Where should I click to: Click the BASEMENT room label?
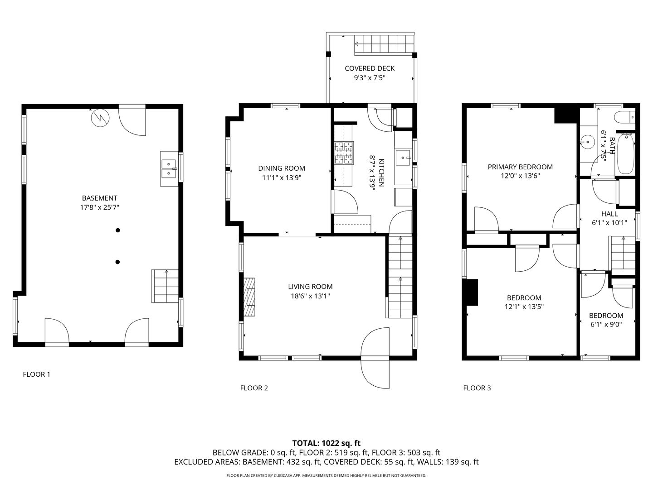pos(99,198)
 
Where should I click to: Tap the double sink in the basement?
pos(169,168)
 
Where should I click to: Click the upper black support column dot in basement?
pos(118,230)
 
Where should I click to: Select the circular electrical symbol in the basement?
pos(100,118)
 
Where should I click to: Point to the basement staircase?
pos(165,286)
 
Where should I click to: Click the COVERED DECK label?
pos(370,68)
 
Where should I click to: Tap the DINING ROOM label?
pos(282,168)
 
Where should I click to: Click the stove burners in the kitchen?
pos(344,153)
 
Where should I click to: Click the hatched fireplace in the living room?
pos(249,297)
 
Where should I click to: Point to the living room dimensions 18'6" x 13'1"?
pos(310,296)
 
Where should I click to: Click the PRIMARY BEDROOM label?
pos(520,167)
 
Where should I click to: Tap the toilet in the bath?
pos(624,117)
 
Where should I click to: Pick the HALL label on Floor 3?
pos(609,214)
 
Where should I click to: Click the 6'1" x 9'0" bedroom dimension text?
pos(606,325)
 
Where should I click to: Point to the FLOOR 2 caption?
pos(254,388)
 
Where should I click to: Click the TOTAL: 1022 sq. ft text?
pos(326,444)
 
